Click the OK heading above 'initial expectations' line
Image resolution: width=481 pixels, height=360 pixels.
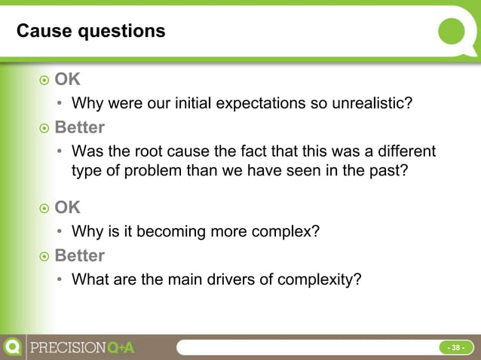click(x=67, y=79)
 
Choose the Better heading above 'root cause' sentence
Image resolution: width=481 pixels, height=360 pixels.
click(x=79, y=127)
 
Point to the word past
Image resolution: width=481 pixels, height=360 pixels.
click(x=387, y=170)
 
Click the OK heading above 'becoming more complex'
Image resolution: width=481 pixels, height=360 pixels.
click(x=67, y=207)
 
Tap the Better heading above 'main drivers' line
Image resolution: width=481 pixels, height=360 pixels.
click(x=79, y=255)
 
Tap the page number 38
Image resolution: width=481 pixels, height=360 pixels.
click(x=455, y=348)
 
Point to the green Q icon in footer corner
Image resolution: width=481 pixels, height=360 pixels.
click(x=12, y=347)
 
